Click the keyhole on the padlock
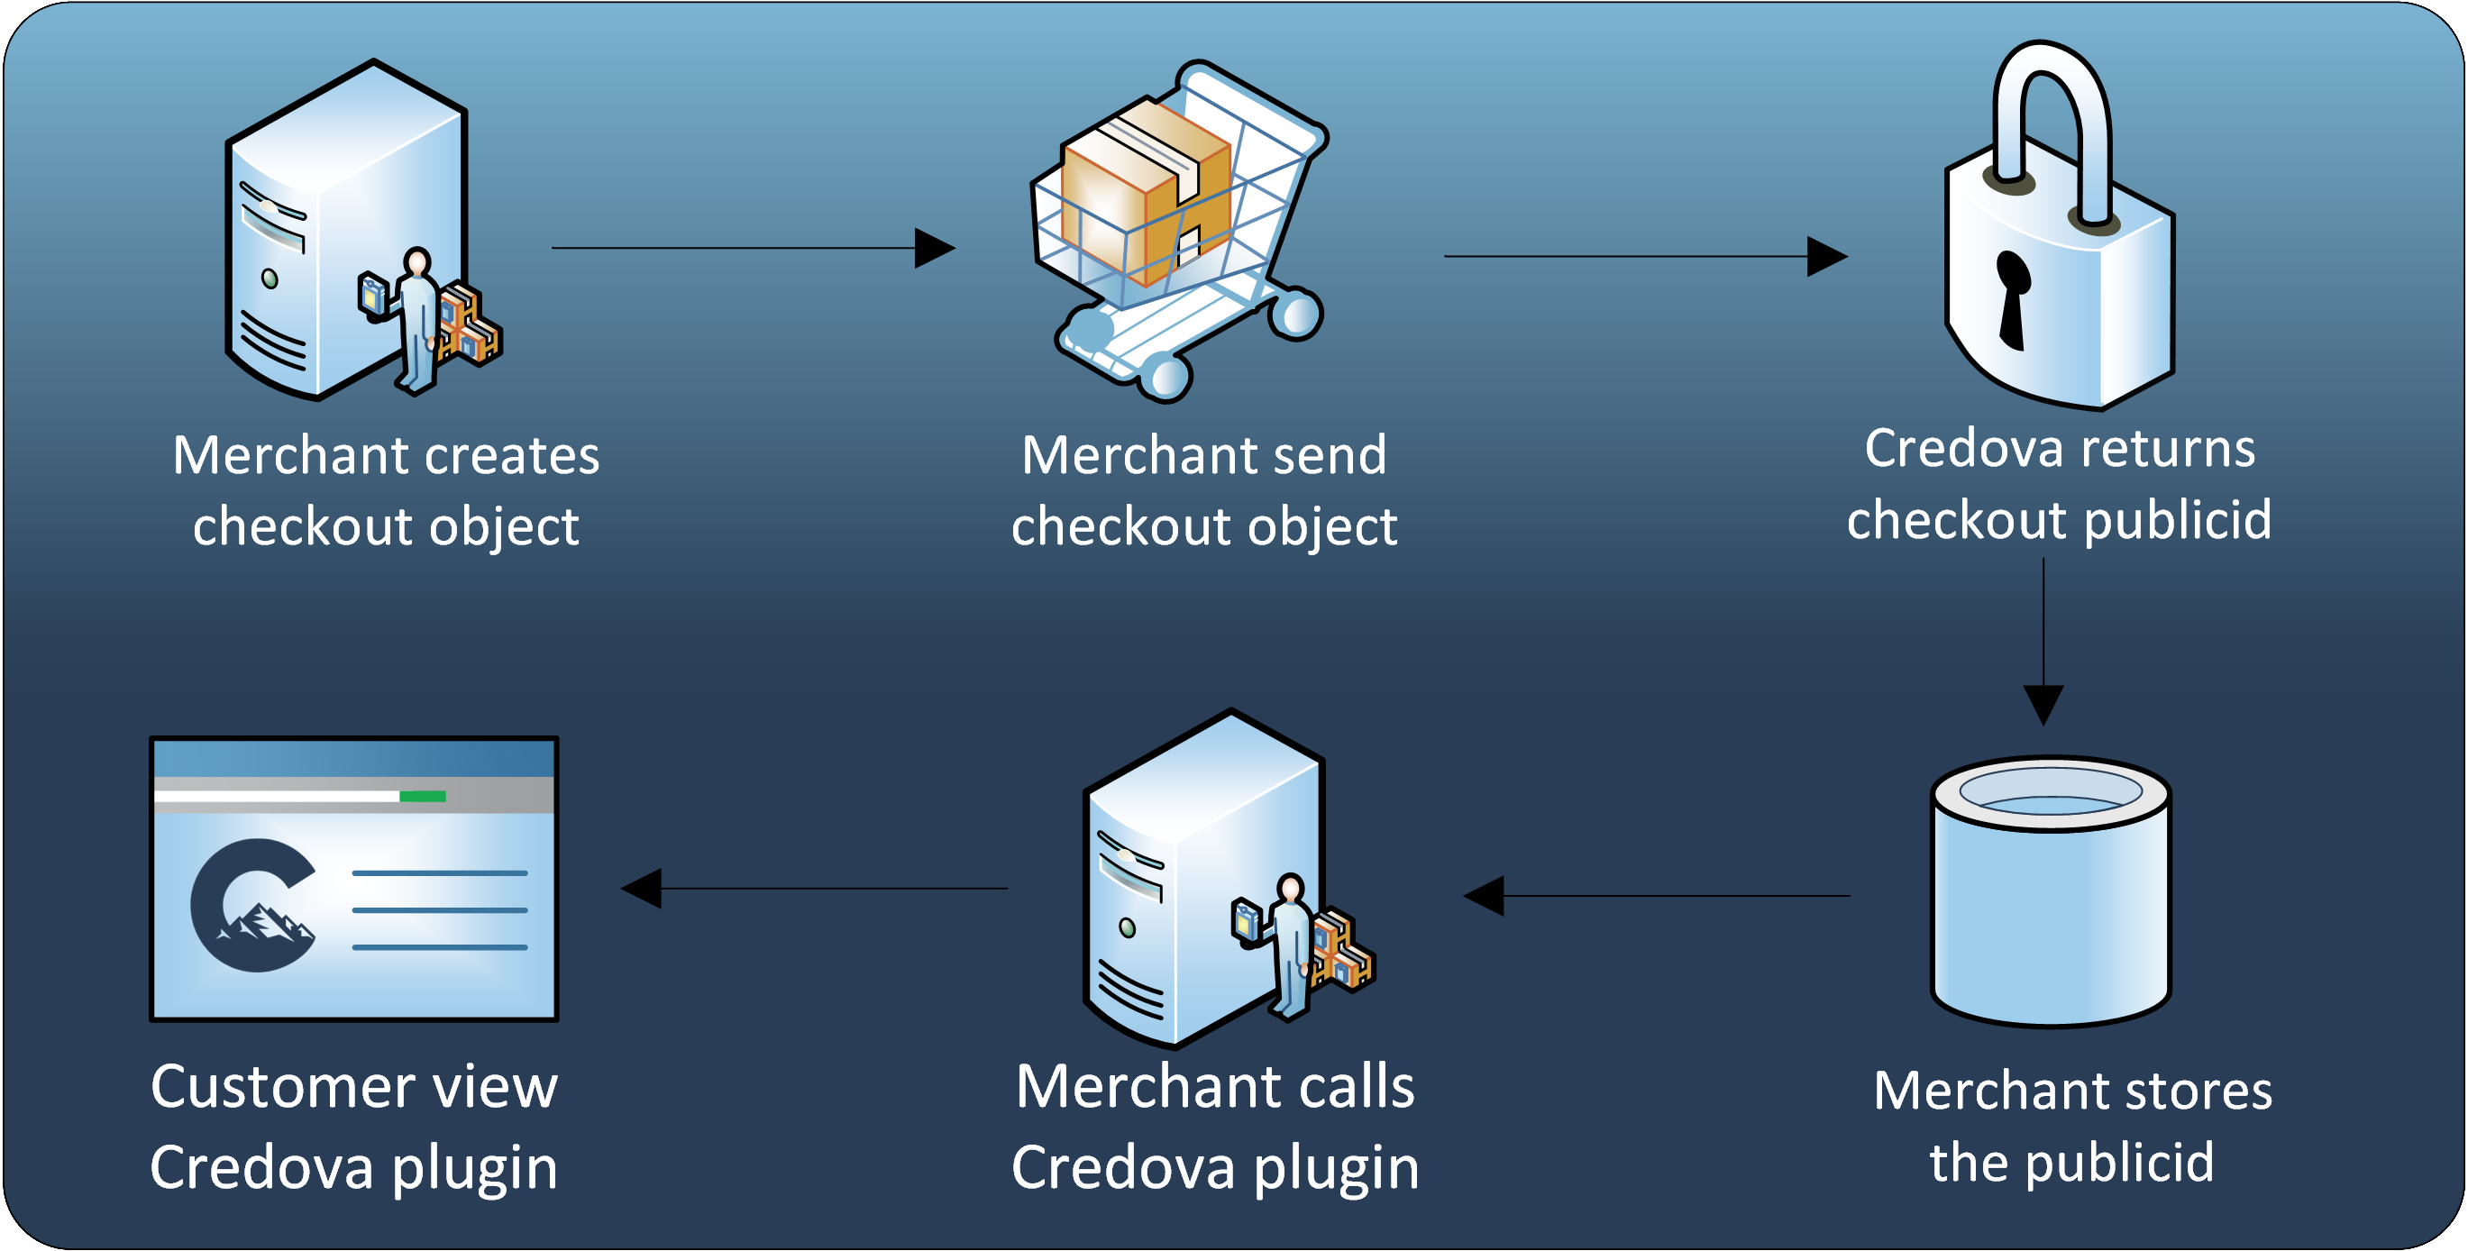point(2012,297)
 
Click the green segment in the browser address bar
point(423,796)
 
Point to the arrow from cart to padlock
point(1645,256)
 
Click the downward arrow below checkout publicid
point(2043,642)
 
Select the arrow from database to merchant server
point(1658,896)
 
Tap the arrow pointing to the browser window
point(814,888)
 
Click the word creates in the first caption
point(512,455)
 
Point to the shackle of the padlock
point(2052,115)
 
